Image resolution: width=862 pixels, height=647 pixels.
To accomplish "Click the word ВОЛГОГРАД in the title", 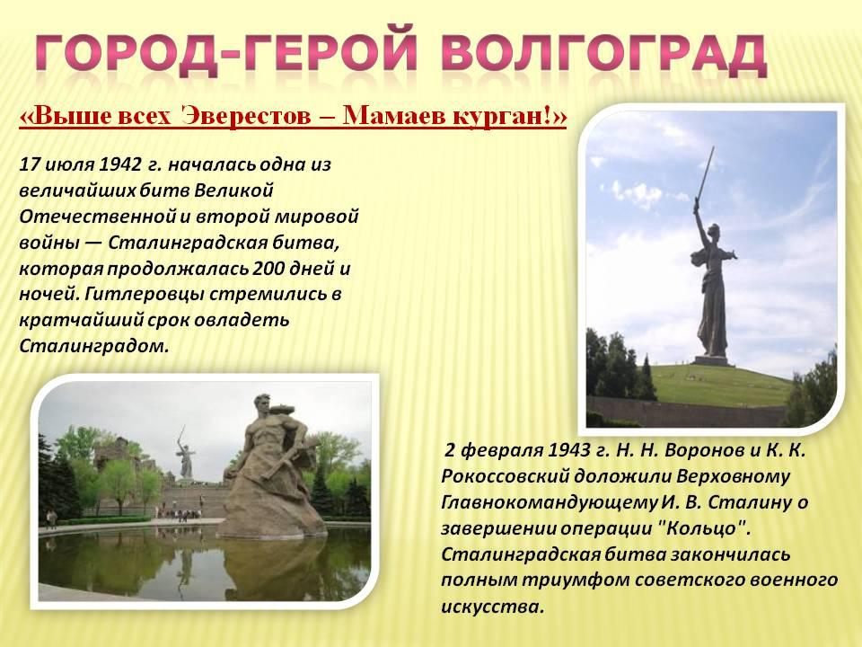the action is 603,54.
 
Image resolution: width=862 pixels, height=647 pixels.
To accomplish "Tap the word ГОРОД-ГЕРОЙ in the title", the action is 226,54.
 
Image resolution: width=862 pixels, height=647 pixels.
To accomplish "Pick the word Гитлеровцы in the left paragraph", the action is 145,295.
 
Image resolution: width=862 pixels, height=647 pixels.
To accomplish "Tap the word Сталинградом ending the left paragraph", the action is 93,346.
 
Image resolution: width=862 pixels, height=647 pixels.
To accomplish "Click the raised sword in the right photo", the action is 705,175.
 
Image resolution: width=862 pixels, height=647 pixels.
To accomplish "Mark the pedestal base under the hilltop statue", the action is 711,361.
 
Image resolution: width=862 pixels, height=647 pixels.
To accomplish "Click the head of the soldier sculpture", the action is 263,404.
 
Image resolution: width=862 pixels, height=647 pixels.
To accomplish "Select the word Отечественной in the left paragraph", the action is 97,217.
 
